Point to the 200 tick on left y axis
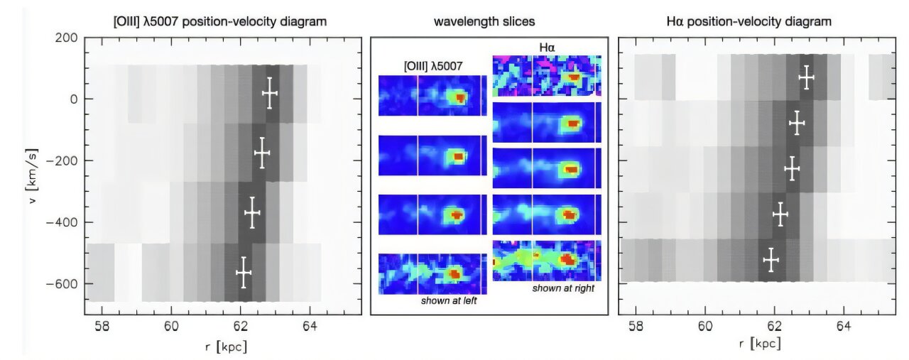(x=67, y=37)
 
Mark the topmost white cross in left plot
(x=269, y=93)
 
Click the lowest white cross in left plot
(x=244, y=273)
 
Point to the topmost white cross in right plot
(x=806, y=77)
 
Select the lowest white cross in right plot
(x=771, y=260)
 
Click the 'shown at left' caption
(x=447, y=301)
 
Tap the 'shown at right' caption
(x=562, y=288)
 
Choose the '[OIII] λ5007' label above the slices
(x=432, y=65)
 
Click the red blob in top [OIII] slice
(x=460, y=98)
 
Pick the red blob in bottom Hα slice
(x=569, y=260)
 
